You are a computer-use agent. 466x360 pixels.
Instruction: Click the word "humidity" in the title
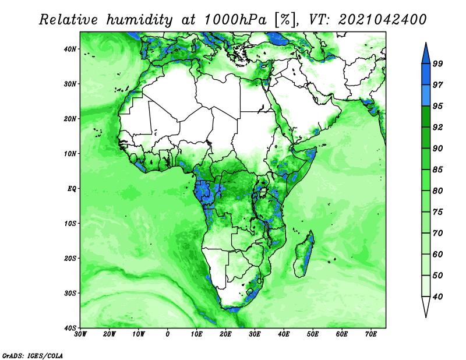click(139, 20)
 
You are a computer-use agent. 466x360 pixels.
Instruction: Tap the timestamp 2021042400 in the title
click(382, 20)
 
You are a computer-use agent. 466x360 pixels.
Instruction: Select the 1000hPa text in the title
click(235, 20)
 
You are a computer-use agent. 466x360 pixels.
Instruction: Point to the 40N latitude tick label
click(70, 49)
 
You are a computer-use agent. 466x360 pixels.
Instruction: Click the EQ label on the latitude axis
click(72, 189)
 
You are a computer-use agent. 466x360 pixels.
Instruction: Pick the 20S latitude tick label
click(70, 258)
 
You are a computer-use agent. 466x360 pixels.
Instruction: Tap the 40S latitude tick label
click(70, 328)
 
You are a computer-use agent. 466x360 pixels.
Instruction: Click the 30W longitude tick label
click(80, 334)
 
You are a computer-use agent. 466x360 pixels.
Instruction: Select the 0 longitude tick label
click(168, 334)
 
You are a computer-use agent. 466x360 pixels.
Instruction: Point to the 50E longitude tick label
click(313, 334)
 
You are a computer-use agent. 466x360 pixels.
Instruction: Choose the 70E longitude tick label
click(371, 334)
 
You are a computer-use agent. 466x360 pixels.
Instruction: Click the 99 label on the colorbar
click(437, 63)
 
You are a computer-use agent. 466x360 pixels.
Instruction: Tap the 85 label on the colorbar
click(437, 170)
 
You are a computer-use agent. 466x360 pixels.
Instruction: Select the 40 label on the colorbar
click(437, 297)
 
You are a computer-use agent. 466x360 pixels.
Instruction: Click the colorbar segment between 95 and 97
click(426, 96)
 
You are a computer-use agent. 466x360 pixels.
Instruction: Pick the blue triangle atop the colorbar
click(426, 54)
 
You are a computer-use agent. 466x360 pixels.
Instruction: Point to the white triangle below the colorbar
click(426, 306)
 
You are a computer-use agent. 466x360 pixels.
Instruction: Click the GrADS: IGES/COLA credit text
click(33, 355)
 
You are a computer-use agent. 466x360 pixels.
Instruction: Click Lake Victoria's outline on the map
click(263, 192)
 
